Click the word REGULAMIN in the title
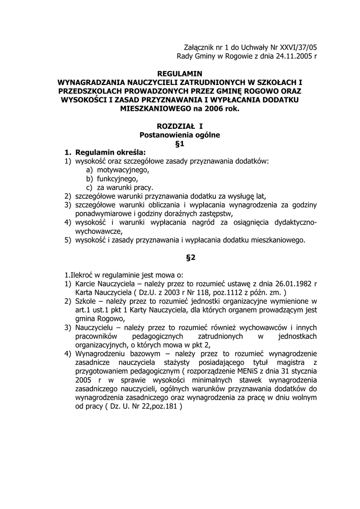pyautogui.click(x=180, y=74)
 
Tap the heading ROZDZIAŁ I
pyautogui.click(x=180, y=126)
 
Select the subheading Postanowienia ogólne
pyautogui.click(x=180, y=135)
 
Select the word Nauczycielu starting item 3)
pyautogui.click(x=97, y=328)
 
